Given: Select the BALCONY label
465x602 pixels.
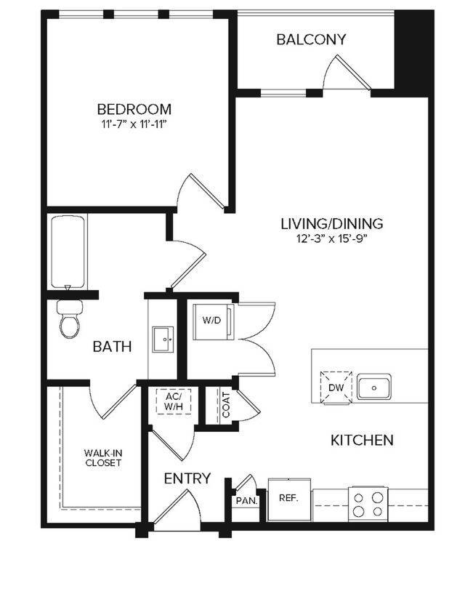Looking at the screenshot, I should pos(311,39).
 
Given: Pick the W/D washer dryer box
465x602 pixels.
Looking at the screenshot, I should pos(211,321).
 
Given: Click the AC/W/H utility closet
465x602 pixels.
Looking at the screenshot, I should pos(173,401).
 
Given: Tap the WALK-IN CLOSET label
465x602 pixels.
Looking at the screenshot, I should pos(102,458).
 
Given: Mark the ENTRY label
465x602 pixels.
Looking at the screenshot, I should pos(187,478).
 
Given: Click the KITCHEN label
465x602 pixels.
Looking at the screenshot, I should pos(362,440).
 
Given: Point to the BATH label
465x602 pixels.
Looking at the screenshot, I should pos(113,346).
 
